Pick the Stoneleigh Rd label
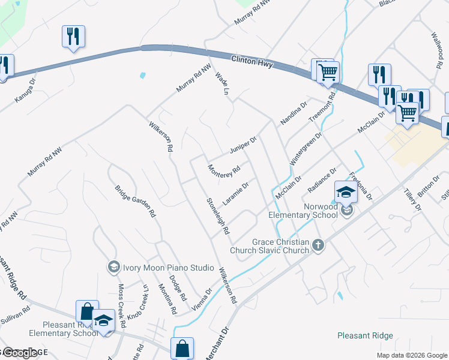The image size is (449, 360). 218,216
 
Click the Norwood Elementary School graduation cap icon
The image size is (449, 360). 346,192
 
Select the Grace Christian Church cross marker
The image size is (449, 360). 318,245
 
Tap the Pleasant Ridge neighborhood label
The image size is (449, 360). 365,336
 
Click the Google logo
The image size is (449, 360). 20,353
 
